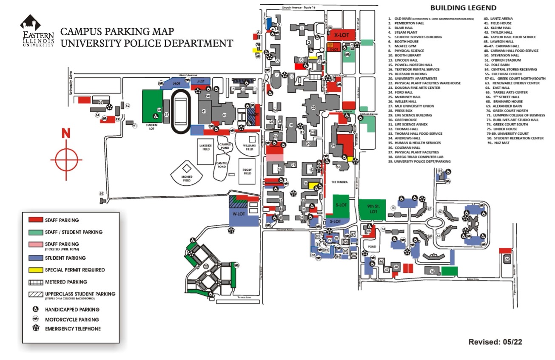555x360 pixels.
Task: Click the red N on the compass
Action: [66, 133]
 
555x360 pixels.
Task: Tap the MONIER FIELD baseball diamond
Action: [187, 173]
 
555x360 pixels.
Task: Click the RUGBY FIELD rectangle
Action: [247, 171]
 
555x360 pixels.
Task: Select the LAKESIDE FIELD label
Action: [205, 146]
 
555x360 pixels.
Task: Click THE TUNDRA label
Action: [339, 182]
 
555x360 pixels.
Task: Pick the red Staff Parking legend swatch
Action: [36, 220]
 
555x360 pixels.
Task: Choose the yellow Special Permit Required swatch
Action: [36, 270]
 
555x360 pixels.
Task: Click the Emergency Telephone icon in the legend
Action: [35, 329]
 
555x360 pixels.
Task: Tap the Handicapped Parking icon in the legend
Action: [35, 309]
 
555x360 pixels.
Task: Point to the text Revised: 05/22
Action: [495, 342]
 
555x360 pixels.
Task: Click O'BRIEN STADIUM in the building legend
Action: [507, 60]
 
